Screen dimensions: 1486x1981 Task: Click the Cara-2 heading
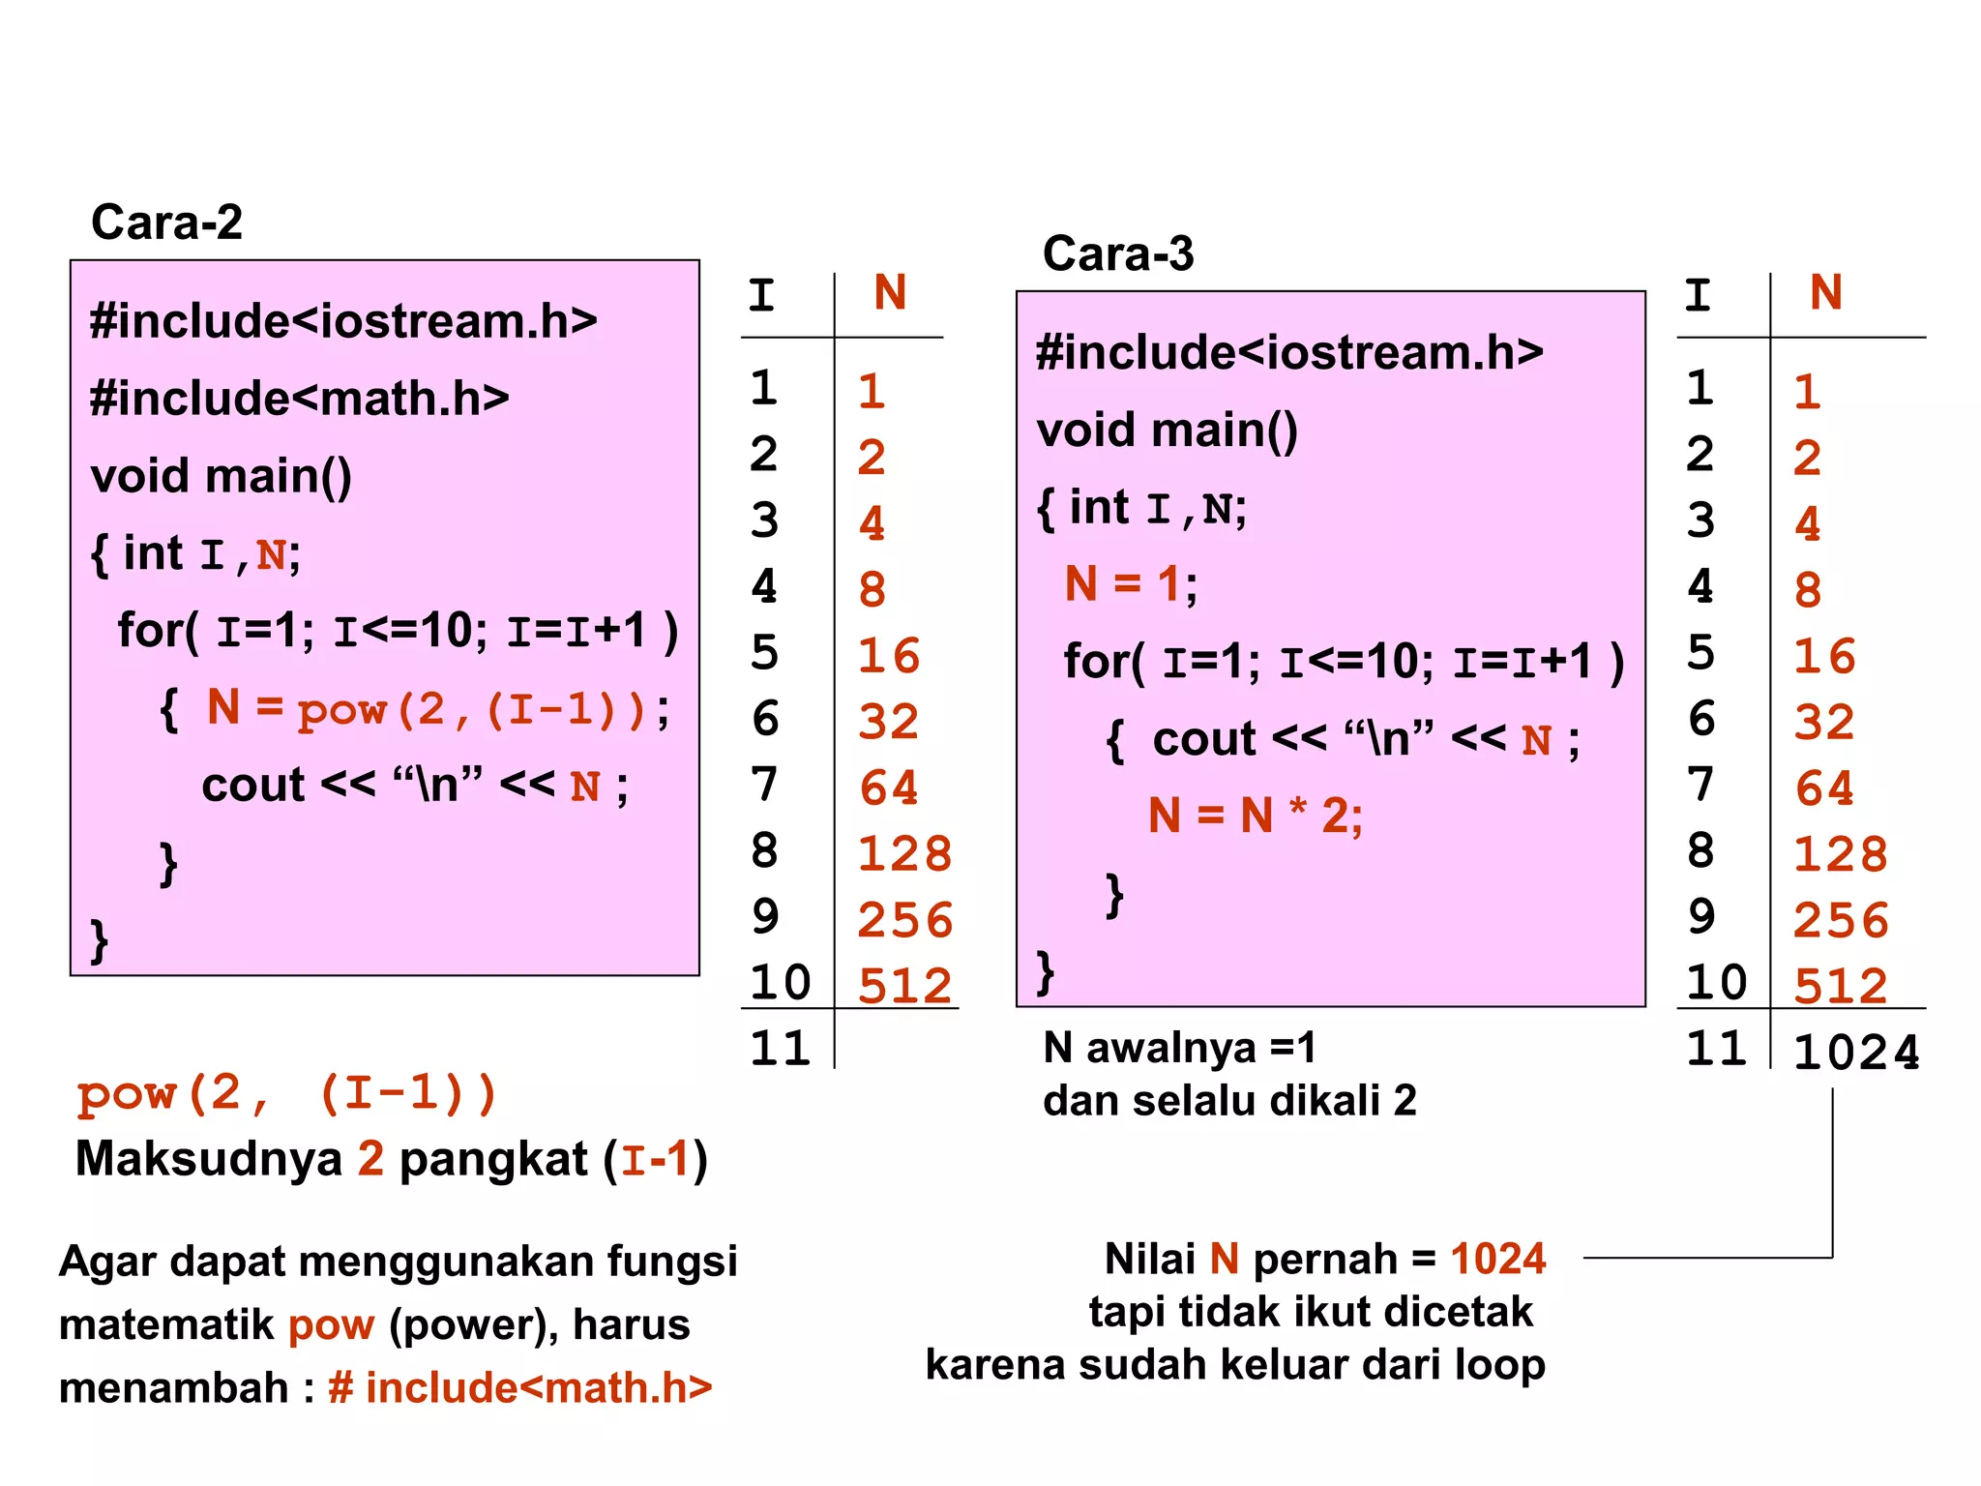click(166, 223)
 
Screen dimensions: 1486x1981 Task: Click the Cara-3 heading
click(1118, 253)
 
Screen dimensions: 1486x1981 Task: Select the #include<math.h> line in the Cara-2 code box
click(300, 398)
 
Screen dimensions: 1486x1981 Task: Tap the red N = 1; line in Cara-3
click(1130, 584)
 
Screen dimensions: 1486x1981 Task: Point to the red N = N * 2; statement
click(1255, 816)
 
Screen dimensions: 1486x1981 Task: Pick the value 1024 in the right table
click(1855, 1053)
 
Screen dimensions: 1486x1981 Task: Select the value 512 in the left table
click(905, 986)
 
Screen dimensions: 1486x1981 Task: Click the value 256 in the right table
click(1841, 920)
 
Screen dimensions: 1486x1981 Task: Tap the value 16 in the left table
click(889, 656)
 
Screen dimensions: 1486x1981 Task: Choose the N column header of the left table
click(890, 292)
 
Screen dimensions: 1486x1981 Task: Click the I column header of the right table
click(1698, 295)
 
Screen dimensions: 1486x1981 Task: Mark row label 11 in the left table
click(780, 1049)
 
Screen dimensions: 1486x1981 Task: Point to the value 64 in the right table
click(1824, 788)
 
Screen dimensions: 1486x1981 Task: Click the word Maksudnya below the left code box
click(209, 1159)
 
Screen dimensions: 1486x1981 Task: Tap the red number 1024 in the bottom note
click(1497, 1259)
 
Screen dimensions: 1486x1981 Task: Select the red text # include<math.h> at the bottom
click(520, 1387)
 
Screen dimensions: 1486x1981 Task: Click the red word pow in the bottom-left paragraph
click(331, 1324)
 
